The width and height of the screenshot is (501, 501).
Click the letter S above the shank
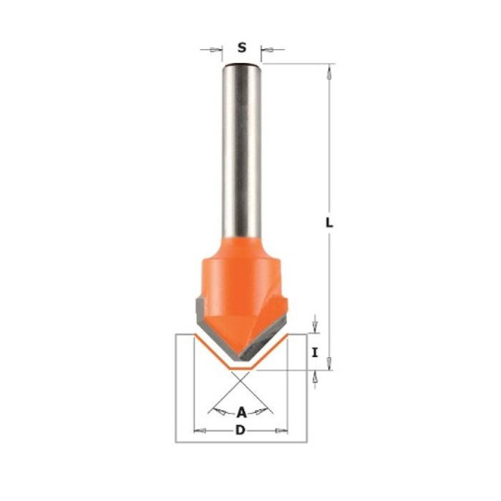click(x=241, y=46)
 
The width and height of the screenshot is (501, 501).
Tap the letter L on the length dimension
click(x=330, y=222)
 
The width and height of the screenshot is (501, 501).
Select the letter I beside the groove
click(x=315, y=352)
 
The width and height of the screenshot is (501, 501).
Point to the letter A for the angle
click(x=242, y=412)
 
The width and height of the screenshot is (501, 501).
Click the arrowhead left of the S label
click(x=218, y=46)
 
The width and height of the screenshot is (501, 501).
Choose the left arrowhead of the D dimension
click(x=197, y=431)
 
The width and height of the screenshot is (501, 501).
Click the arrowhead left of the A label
click(x=218, y=409)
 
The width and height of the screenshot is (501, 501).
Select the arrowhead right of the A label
click(x=266, y=409)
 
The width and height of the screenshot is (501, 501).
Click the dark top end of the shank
click(x=241, y=66)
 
